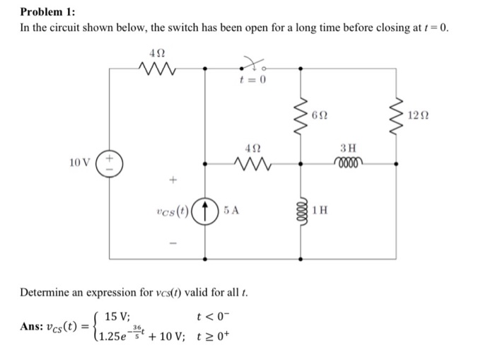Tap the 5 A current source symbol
point(206,210)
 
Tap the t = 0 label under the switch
point(252,80)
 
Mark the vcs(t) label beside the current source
point(173,210)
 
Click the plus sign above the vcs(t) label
point(172,180)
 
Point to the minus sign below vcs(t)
point(172,244)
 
